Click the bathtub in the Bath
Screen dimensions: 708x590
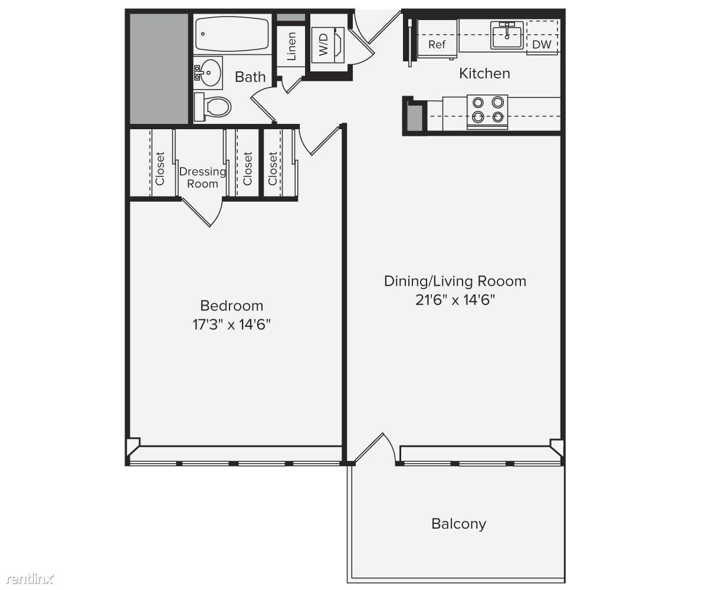pos(232,34)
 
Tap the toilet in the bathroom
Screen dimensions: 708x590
pos(212,107)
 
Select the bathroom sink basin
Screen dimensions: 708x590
pos(208,73)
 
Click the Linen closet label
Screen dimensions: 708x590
pos(291,46)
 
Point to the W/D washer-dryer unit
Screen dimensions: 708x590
pos(327,45)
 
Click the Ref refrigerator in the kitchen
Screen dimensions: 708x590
pos(437,39)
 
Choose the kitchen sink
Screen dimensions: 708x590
pos(507,35)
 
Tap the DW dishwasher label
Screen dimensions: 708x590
pos(542,44)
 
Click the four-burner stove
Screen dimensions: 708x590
pos(487,112)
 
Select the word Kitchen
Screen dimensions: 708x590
pos(484,73)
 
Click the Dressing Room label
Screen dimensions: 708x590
pos(202,178)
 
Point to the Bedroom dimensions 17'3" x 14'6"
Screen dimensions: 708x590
pos(232,324)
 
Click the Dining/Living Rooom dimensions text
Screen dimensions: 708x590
pos(455,300)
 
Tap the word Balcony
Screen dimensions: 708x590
pos(459,524)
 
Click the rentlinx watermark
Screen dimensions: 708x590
pos(30,579)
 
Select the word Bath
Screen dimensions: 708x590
pos(250,77)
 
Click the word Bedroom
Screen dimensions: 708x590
pos(232,306)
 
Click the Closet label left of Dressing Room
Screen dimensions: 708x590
pos(160,169)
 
